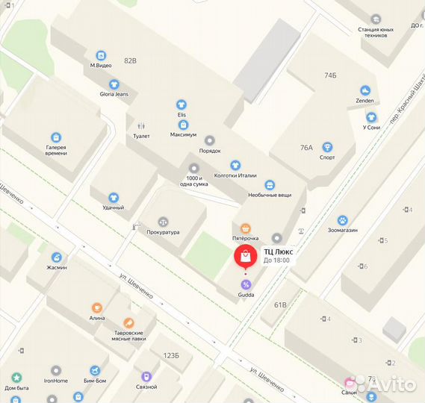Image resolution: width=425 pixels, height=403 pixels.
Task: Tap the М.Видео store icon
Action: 101,55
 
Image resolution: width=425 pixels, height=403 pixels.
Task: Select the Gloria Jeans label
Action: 114,94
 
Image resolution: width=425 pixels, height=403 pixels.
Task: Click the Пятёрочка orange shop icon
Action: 245,228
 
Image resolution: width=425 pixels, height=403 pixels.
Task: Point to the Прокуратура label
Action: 164,232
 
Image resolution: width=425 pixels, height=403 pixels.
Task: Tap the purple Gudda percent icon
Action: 246,284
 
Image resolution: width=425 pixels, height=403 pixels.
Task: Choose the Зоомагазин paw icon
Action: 342,220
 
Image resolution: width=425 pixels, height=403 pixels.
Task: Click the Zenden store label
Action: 364,100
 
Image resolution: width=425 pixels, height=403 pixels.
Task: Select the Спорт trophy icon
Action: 327,147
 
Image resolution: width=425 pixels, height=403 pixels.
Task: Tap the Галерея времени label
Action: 55,150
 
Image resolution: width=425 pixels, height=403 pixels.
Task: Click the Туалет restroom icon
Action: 141,126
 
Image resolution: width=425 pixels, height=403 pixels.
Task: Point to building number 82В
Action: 131,60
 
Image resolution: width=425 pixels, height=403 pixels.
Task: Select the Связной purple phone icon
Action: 146,377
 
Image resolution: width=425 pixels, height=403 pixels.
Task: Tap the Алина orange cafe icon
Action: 96,307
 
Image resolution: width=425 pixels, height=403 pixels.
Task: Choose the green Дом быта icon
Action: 16,378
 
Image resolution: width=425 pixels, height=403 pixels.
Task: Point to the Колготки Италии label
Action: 235,176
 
